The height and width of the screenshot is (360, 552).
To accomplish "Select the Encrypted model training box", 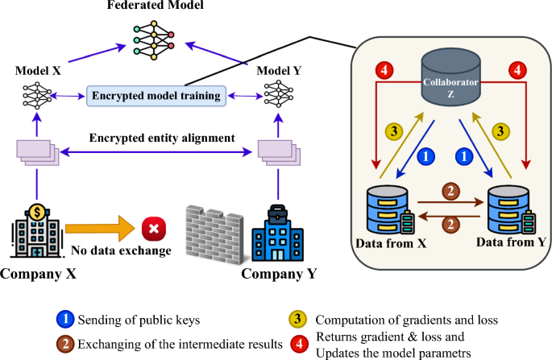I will (x=156, y=97).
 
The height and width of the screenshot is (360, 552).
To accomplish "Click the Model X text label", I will (x=37, y=71).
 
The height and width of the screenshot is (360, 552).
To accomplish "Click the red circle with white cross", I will (x=151, y=229).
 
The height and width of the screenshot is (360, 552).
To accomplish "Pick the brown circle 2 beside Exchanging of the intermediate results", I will (x=65, y=344).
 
